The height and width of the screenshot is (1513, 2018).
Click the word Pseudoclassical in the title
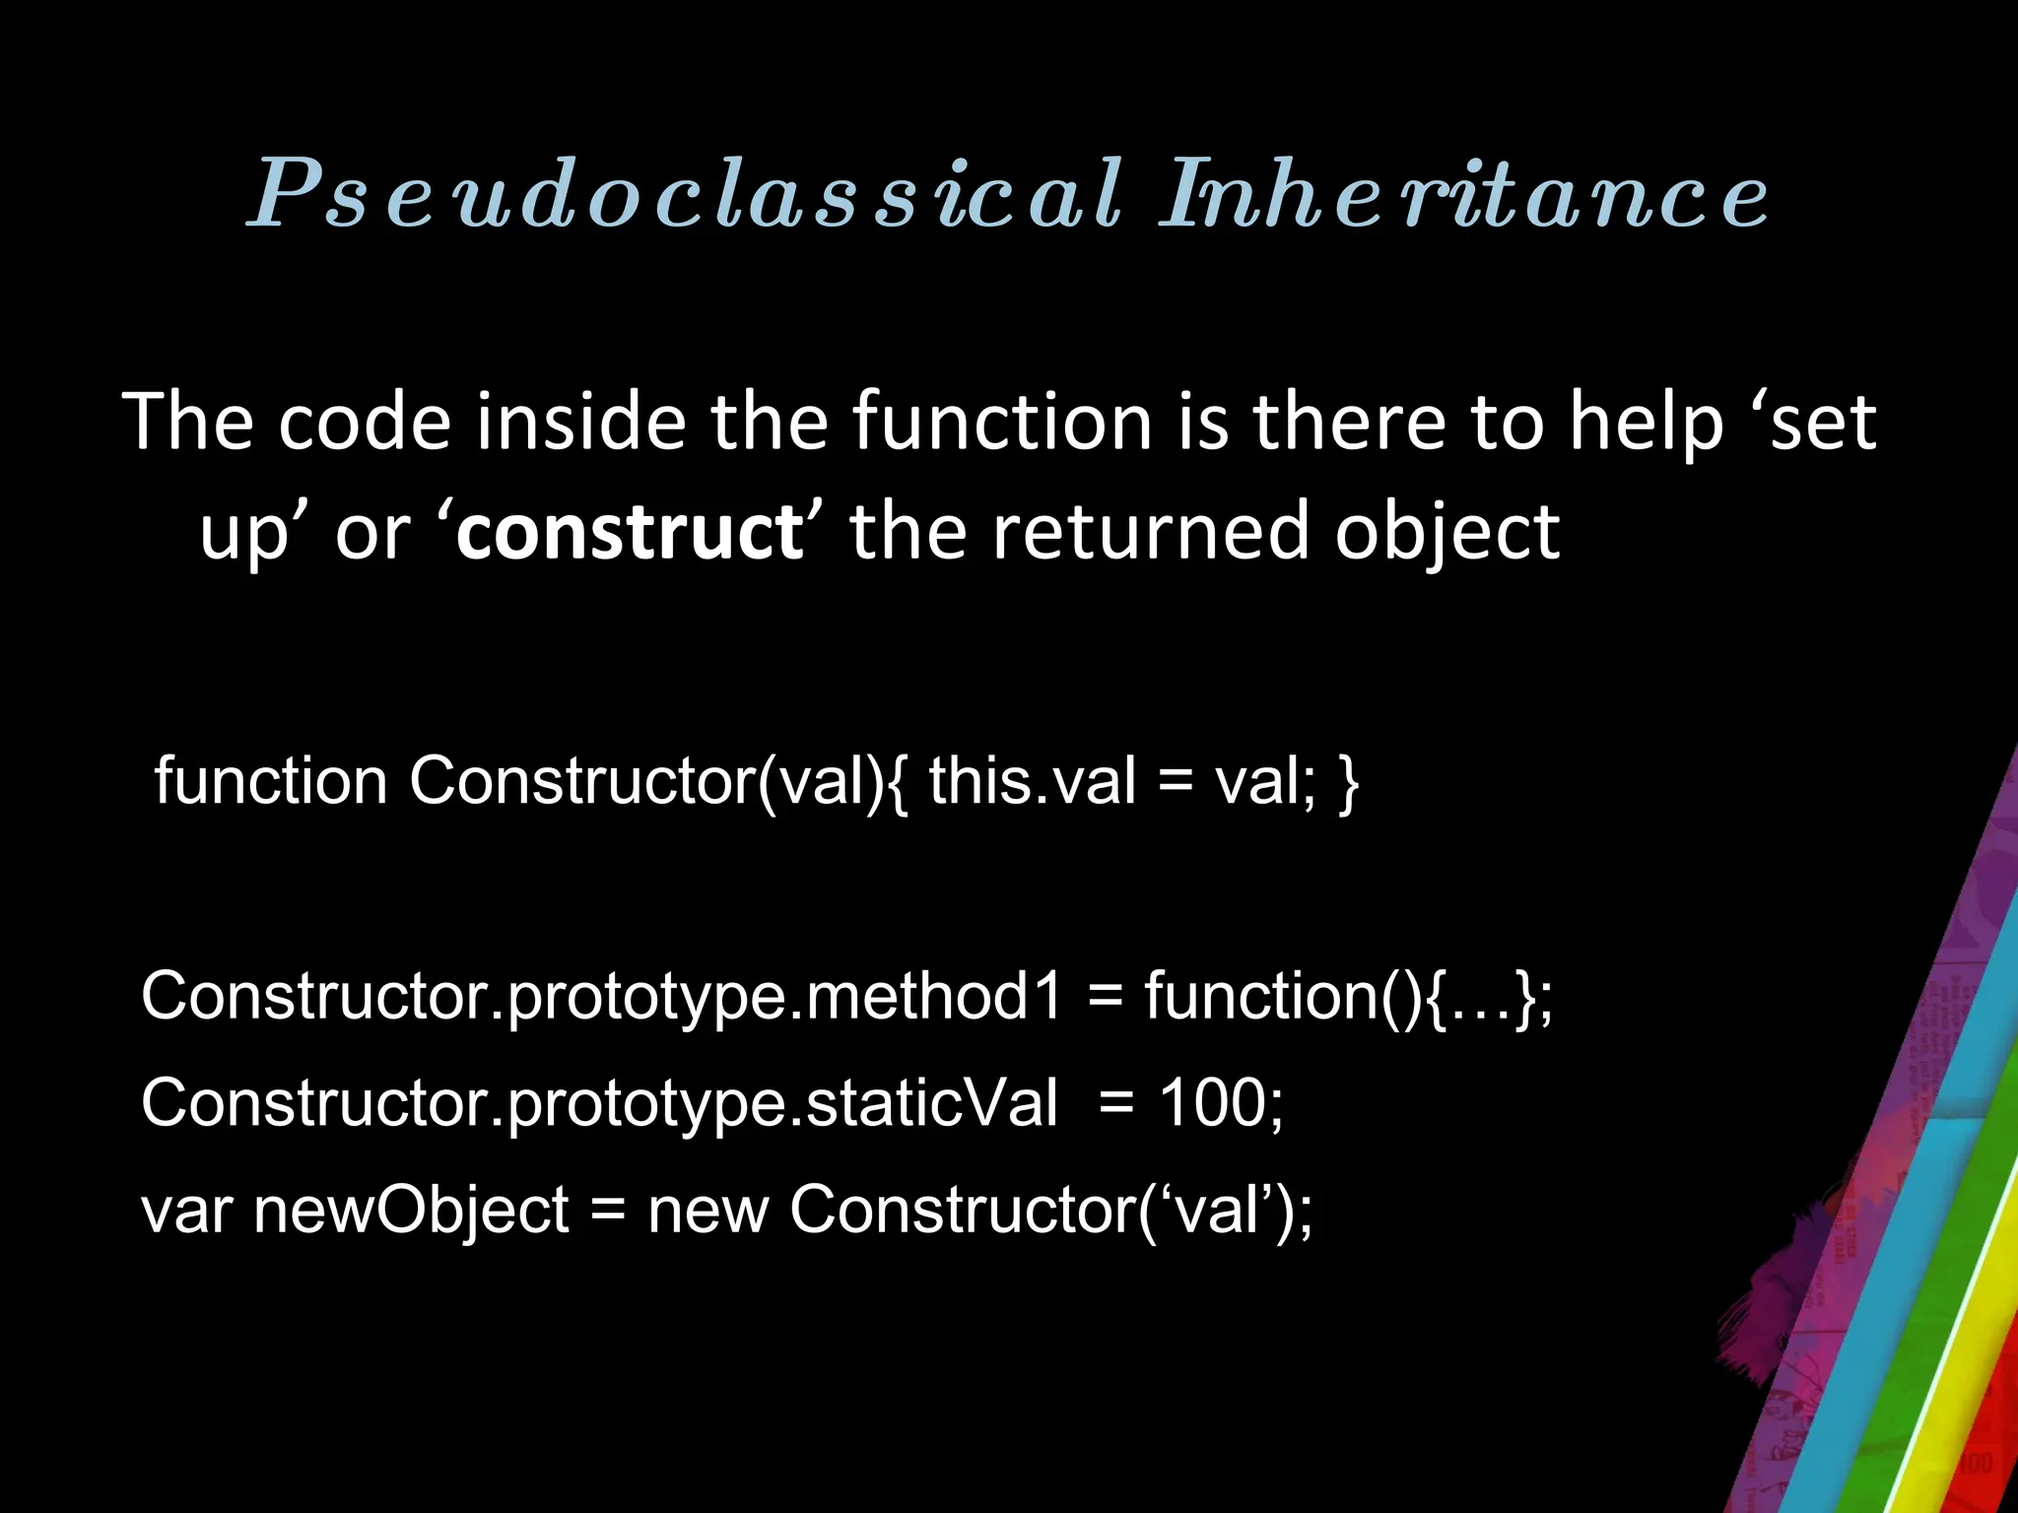click(x=686, y=195)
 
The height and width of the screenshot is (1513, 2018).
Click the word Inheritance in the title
click(x=1464, y=195)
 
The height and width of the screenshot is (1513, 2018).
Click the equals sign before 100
click(x=1116, y=1104)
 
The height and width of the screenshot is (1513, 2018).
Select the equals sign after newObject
click(x=608, y=1212)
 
